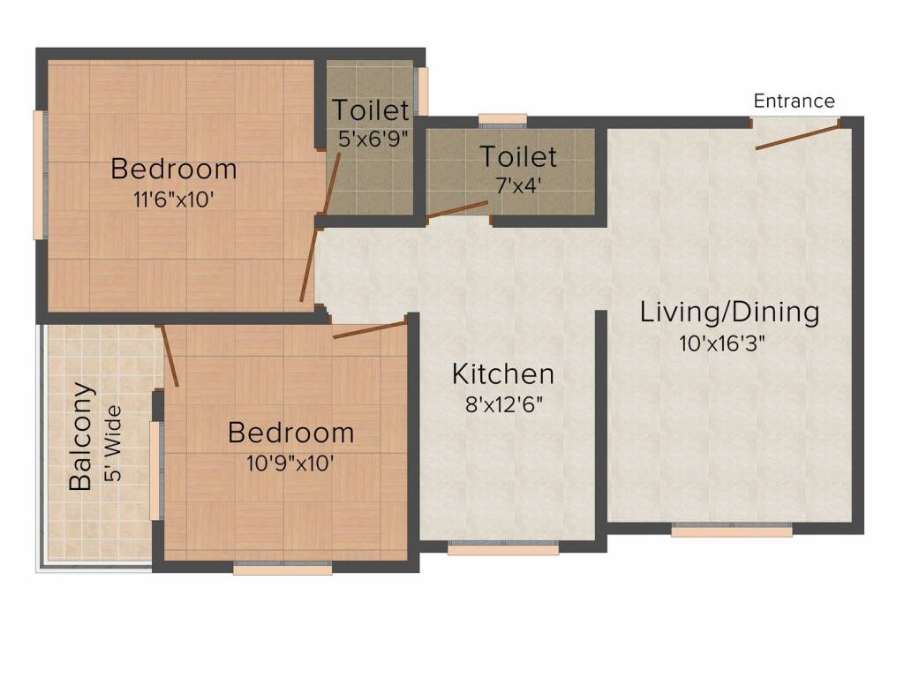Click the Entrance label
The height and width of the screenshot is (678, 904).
point(794,101)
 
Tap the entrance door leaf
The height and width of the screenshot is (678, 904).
point(797,135)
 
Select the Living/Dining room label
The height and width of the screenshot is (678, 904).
point(729,313)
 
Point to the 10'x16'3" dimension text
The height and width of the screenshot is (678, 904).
point(722,343)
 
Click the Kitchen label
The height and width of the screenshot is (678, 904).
point(503,373)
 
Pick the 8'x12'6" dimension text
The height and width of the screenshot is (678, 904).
point(504,404)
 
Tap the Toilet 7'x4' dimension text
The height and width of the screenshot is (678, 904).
point(518,185)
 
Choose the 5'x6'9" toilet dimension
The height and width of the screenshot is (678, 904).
point(373,139)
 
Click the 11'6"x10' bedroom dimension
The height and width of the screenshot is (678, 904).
point(174,200)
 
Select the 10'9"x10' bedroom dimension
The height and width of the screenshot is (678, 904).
point(290,463)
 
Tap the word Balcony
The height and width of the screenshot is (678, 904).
point(80,436)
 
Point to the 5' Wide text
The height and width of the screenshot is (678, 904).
point(114,443)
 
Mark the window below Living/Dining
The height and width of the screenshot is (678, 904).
point(732,530)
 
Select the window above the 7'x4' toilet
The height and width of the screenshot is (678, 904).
point(502,120)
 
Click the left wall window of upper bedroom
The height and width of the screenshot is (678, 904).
point(39,175)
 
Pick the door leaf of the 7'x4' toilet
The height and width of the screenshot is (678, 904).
point(457,210)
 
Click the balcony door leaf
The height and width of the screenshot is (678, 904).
point(169,356)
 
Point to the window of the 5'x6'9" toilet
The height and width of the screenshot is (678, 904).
point(423,91)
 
